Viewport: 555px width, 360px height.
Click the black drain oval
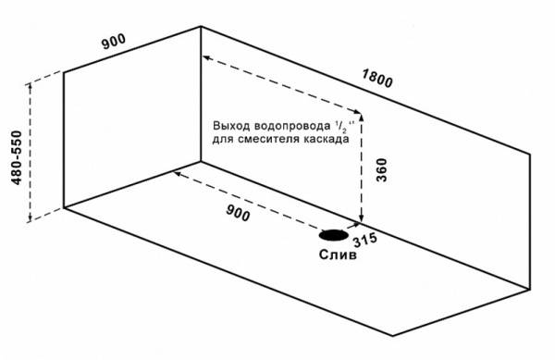334,235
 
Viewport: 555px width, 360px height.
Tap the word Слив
338,254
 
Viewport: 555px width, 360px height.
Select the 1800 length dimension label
377,79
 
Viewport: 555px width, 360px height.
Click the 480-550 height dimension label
17,158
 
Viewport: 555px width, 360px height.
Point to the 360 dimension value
381,170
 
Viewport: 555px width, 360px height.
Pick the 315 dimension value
365,241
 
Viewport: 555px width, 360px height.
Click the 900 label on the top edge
114,42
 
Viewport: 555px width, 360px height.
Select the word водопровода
292,126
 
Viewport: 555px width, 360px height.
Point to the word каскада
326,139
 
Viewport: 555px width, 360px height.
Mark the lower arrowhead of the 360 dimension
361,218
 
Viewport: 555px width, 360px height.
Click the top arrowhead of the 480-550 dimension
30,86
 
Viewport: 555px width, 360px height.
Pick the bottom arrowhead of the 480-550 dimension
30,218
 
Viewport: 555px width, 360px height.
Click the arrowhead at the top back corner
206,57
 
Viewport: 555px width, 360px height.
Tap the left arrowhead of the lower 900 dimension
177,174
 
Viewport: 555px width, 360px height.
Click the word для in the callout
223,139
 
